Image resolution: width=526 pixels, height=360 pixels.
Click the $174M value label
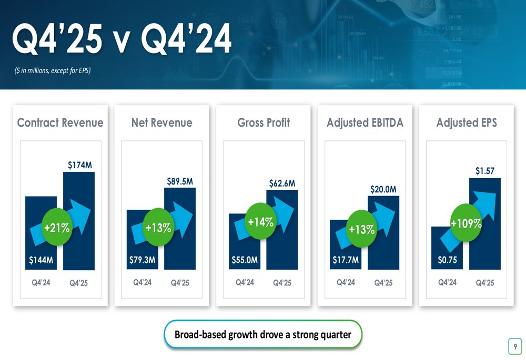[80, 165]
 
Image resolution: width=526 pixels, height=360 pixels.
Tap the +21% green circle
[57, 228]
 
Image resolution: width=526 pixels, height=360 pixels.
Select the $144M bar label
[41, 260]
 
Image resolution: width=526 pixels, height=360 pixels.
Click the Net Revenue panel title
[161, 123]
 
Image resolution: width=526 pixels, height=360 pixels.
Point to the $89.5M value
[180, 181]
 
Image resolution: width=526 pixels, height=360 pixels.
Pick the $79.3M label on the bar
[142, 260]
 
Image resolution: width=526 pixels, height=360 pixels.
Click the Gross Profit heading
[264, 123]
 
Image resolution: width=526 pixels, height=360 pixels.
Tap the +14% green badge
[260, 221]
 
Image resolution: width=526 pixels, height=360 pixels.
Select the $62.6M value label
[282, 183]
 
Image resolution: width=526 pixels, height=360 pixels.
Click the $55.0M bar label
[245, 260]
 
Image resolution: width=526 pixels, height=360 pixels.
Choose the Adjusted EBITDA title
[365, 123]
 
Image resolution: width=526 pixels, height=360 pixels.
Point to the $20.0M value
[383, 189]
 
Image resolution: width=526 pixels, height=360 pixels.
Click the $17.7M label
[346, 260]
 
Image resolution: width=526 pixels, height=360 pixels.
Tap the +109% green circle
[466, 223]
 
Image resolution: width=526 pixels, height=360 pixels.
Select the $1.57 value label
[485, 171]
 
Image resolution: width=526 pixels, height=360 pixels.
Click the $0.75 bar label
[447, 260]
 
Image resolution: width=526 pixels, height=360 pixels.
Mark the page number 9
[515, 346]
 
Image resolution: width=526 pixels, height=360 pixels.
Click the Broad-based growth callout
[263, 334]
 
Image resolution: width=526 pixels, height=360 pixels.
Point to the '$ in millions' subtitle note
[53, 70]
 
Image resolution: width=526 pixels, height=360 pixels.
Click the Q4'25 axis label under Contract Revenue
[79, 283]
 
